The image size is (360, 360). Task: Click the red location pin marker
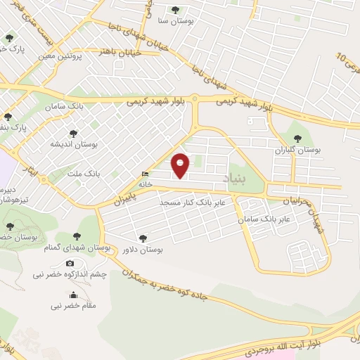point(181,165)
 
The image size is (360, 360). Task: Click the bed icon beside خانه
point(145,174)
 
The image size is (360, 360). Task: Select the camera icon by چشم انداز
point(70,264)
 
